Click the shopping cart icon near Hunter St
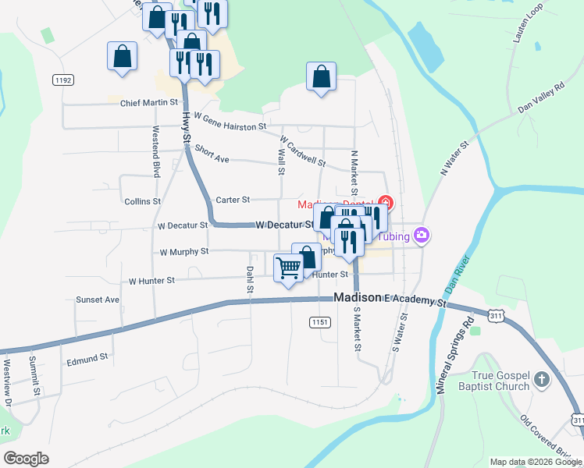pos(289,268)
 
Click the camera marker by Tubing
pos(422,235)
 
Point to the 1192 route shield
pos(63,80)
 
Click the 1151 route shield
pos(319,321)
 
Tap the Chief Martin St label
pos(149,102)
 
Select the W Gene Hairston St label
pos(230,121)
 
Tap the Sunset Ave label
pos(98,300)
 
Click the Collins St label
pos(142,201)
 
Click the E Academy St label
pos(414,299)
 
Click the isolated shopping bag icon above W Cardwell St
pos(321,76)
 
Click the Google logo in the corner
pos(27,459)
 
